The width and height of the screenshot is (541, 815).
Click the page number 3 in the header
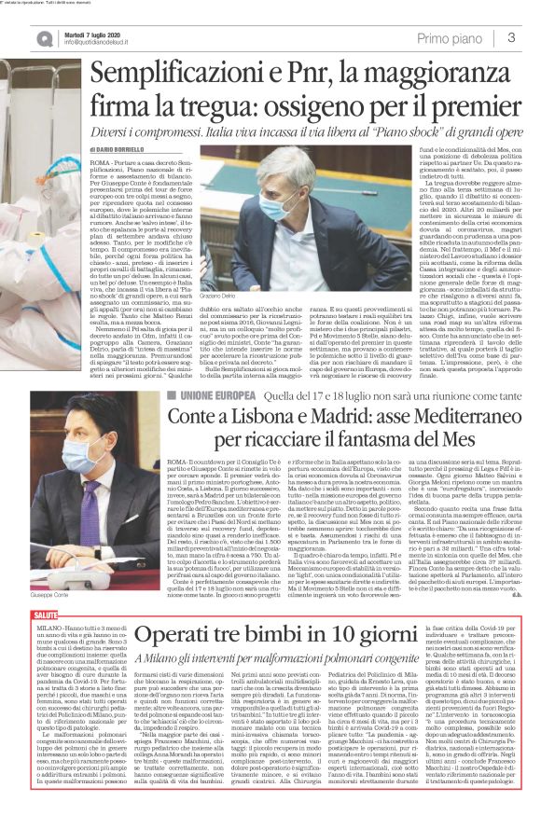point(513,36)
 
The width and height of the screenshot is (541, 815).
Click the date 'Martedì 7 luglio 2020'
point(90,31)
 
